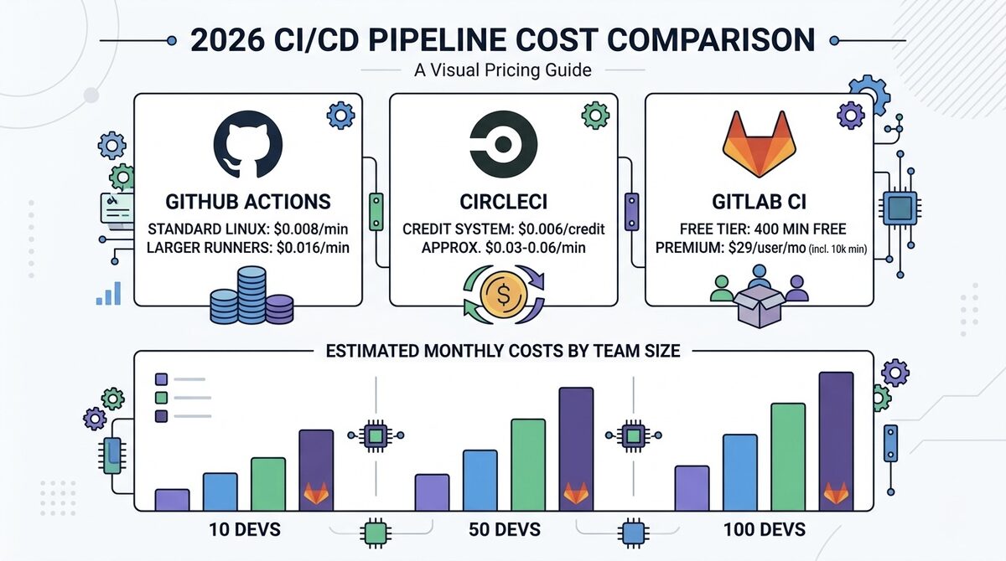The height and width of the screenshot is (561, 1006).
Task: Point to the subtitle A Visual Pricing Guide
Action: [502, 70]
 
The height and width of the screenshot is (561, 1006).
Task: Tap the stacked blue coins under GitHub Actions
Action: [252, 297]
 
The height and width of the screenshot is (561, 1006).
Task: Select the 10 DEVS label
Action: [245, 530]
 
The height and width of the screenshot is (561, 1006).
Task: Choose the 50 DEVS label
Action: [505, 530]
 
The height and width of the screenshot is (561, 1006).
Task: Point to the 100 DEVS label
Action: [764, 530]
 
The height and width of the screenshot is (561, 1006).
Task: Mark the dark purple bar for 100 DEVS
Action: [836, 440]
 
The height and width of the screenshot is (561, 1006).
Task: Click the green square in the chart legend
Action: [162, 398]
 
